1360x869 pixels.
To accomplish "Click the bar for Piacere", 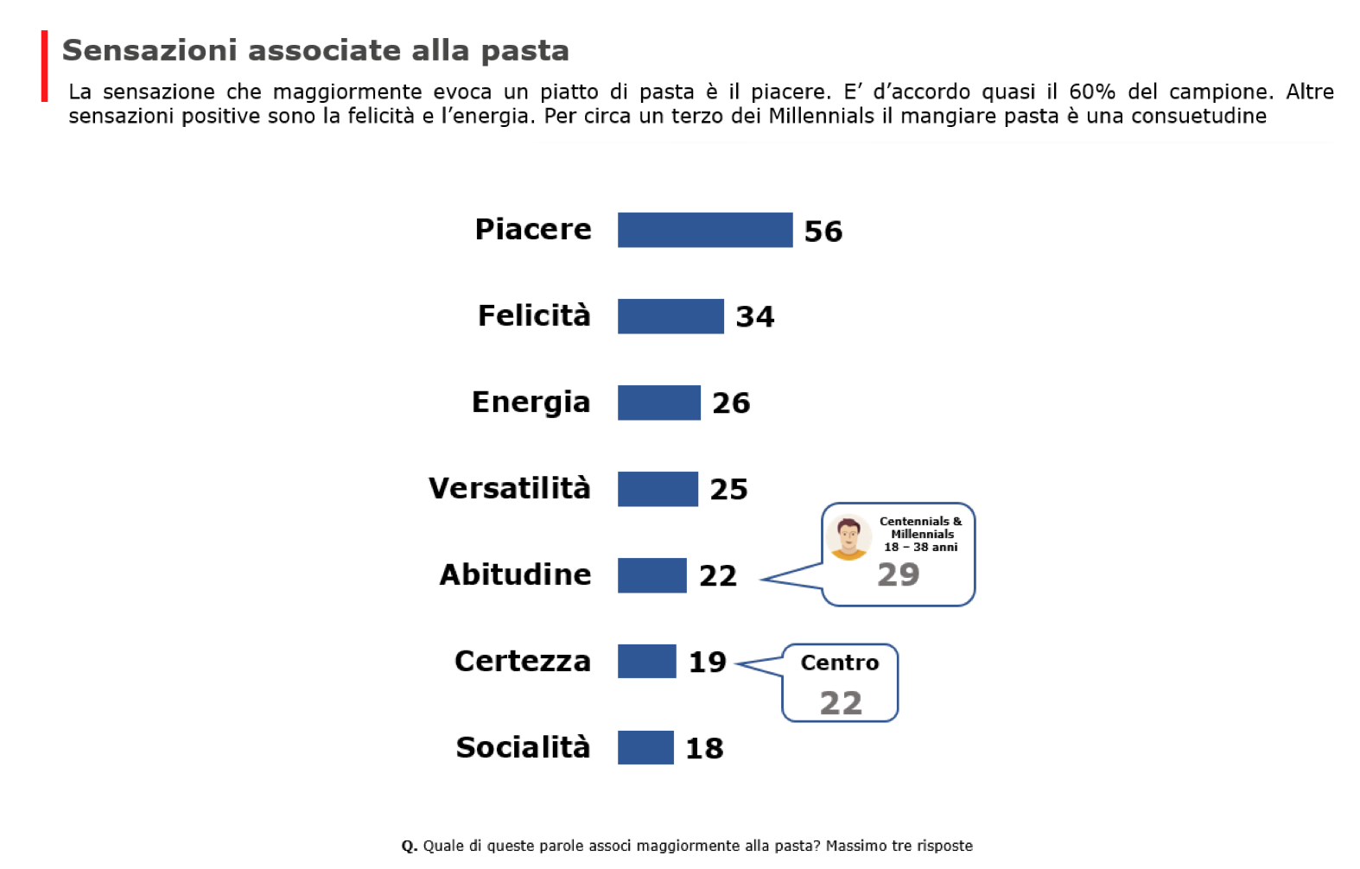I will coord(704,230).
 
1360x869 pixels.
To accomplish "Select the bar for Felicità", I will coord(670,316).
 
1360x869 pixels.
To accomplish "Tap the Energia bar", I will coord(658,403).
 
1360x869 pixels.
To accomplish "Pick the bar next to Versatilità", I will coord(658,489).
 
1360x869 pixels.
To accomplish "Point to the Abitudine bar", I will coord(651,575).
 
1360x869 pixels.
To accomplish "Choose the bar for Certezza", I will coord(646,662).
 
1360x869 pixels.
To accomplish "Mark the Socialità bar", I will coord(645,747).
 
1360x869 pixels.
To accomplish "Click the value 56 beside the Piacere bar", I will coord(823,232).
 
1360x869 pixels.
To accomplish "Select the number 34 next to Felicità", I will coord(754,317).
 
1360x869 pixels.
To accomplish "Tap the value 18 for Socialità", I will coord(703,748).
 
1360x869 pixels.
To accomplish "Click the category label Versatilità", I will coord(510,488).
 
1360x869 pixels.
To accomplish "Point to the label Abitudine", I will coord(515,574).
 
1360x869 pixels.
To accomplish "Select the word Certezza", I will coord(523,661).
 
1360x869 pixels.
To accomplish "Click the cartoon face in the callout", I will coord(848,537).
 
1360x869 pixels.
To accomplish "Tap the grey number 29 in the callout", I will coord(898,574).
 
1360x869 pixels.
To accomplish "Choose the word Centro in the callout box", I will coord(839,663).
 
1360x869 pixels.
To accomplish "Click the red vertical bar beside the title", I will coord(44,67).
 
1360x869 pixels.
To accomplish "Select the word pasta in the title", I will coord(524,50).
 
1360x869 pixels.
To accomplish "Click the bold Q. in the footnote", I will coord(410,846).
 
